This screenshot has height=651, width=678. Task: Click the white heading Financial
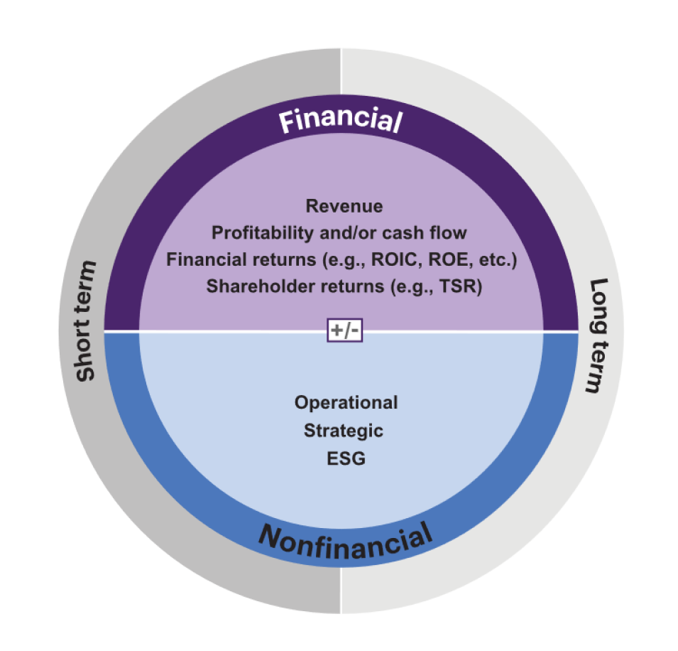tap(340, 122)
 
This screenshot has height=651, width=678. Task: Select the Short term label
tap(86, 321)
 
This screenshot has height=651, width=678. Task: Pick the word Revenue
tap(344, 206)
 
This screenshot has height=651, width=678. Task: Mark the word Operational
tap(346, 402)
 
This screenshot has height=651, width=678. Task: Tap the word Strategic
tap(344, 431)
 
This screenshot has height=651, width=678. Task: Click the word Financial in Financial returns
tap(204, 259)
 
